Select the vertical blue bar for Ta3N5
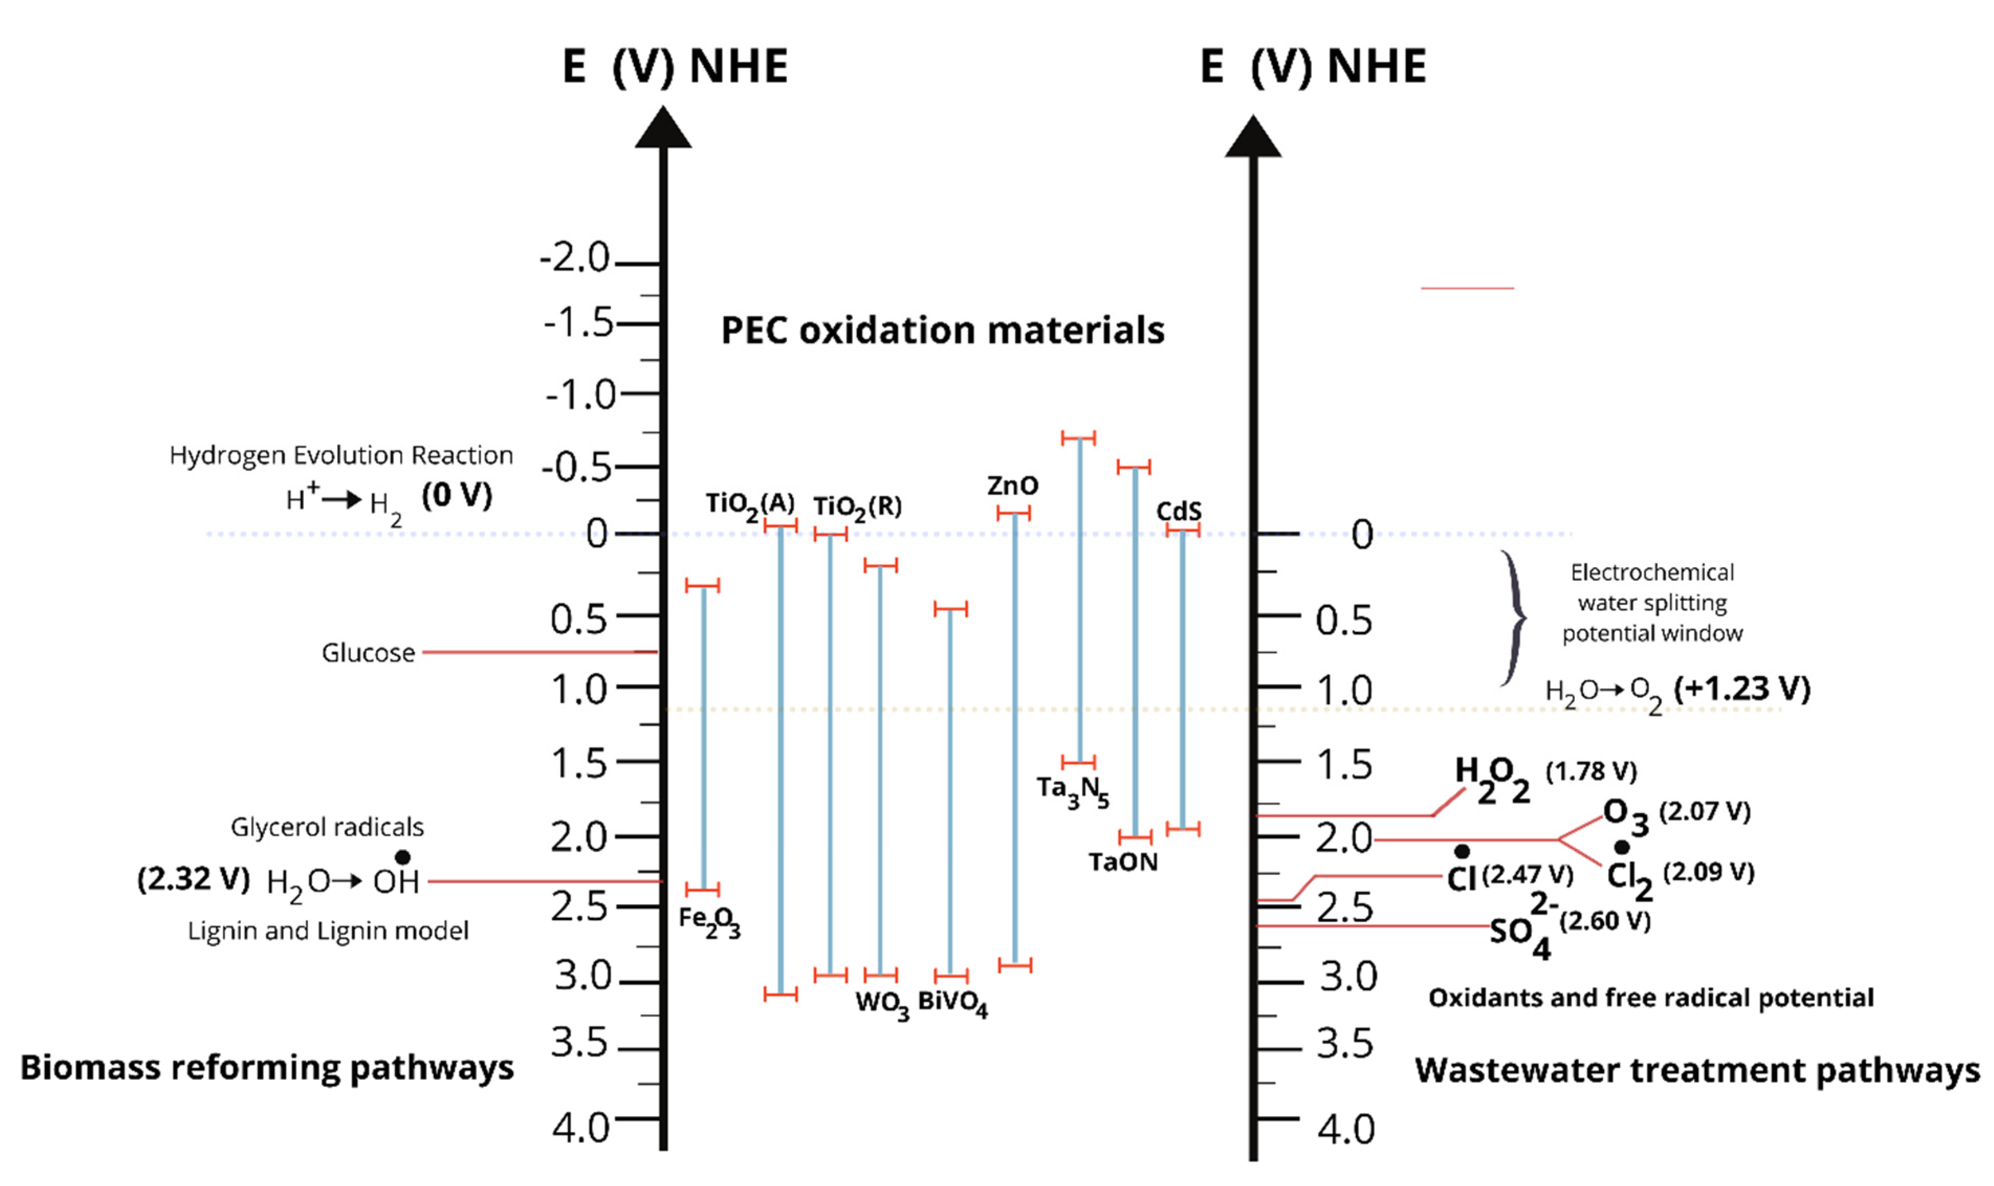(1079, 600)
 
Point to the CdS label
(1178, 511)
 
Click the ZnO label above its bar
(1012, 485)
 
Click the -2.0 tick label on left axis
(575, 257)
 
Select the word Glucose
(369, 653)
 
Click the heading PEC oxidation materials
(943, 330)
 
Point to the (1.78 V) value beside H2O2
(1591, 771)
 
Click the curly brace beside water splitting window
(1512, 618)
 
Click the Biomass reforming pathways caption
(267, 1068)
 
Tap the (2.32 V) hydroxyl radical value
(193, 879)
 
